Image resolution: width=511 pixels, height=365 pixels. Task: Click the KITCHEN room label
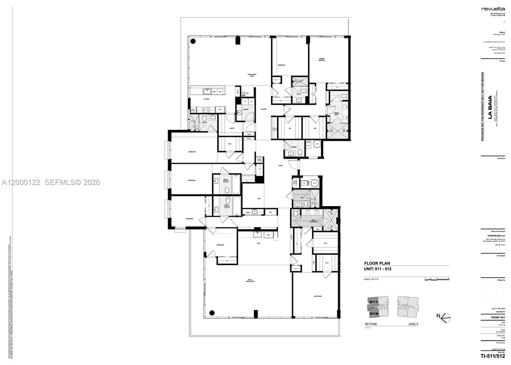coord(206,99)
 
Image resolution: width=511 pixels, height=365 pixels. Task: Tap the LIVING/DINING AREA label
coord(252,75)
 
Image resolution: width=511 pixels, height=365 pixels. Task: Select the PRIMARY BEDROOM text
coord(322,59)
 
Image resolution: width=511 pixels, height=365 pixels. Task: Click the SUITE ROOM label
coord(317,296)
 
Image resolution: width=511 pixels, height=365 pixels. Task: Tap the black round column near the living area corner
coord(193,41)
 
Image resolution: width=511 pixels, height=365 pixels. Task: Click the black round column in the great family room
coord(211,313)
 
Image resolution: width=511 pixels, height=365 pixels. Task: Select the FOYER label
coord(280,166)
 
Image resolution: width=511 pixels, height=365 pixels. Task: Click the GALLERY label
coord(263,109)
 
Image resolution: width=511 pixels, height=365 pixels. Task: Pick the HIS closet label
coord(290,128)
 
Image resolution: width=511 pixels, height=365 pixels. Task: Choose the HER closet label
coord(315,128)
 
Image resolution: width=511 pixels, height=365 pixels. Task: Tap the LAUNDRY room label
coord(246,109)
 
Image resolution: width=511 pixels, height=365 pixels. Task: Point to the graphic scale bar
coord(437,279)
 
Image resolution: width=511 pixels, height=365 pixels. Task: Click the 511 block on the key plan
coord(373,302)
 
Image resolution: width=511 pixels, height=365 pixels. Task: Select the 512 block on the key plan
coord(374,314)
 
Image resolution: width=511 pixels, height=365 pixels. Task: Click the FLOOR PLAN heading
coord(377,263)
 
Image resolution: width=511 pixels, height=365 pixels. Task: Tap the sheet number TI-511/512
coord(493,356)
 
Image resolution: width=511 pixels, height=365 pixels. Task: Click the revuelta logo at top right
coord(493,9)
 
